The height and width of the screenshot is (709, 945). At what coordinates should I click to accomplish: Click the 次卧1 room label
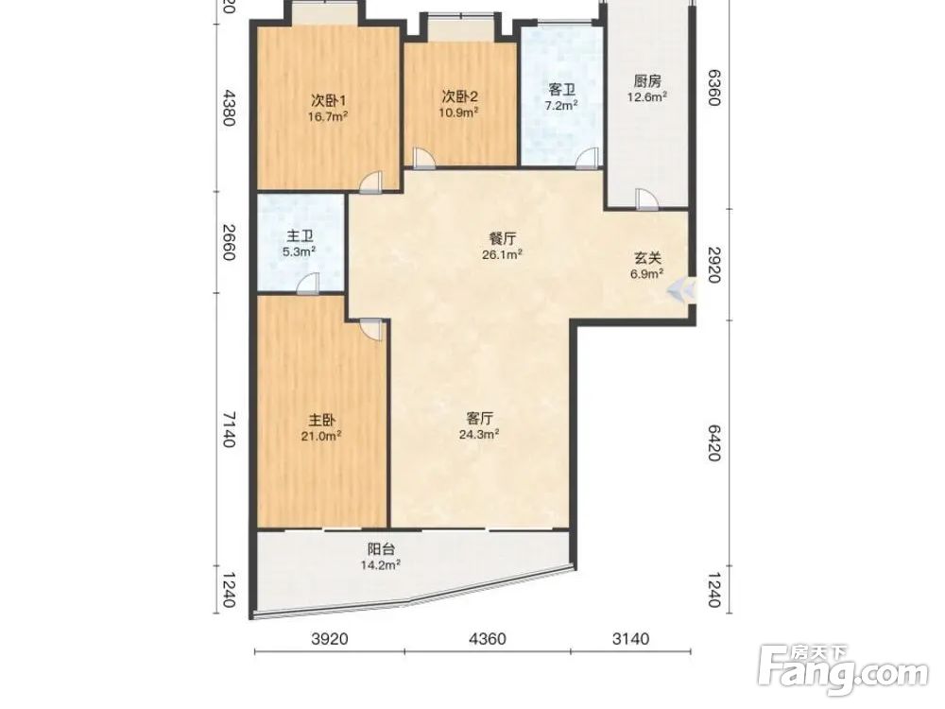click(x=328, y=99)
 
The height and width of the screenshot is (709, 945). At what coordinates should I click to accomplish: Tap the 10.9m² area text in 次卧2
click(x=459, y=112)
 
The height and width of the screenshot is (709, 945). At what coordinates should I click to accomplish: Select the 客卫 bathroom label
click(x=561, y=91)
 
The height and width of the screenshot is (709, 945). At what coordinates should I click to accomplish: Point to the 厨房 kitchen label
click(x=648, y=80)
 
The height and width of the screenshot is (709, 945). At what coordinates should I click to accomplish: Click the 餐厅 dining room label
click(x=502, y=239)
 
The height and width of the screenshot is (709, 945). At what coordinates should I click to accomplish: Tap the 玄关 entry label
click(x=648, y=258)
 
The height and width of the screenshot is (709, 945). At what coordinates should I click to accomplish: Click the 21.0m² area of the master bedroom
click(x=322, y=436)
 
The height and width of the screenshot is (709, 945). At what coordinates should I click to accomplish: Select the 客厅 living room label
click(x=480, y=418)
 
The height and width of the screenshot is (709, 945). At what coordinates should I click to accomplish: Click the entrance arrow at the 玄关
click(x=682, y=290)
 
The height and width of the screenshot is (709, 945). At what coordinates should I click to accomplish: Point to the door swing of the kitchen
click(x=647, y=199)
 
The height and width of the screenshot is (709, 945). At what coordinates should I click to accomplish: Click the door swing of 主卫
click(x=309, y=284)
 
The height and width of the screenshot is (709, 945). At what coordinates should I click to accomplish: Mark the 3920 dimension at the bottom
click(x=330, y=638)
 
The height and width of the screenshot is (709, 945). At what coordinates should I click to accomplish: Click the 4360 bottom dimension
click(x=487, y=638)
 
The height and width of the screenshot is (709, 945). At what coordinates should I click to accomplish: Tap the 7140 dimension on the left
click(x=229, y=429)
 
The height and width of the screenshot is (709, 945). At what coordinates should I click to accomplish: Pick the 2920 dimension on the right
click(x=713, y=265)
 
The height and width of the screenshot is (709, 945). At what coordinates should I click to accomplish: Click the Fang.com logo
click(x=843, y=670)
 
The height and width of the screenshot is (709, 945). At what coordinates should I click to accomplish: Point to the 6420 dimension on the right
click(x=713, y=442)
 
